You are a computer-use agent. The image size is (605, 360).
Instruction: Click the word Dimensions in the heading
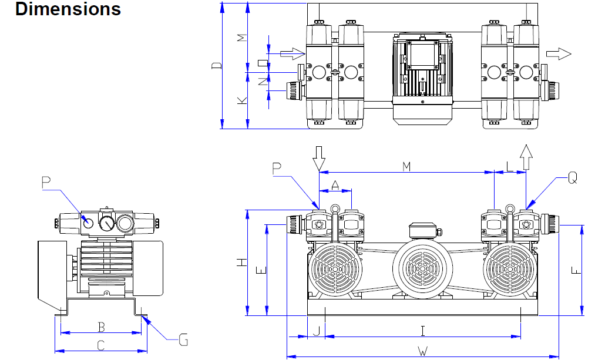tap(68, 9)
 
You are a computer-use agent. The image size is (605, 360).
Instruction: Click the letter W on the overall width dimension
tap(422, 351)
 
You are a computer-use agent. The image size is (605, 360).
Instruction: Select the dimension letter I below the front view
tap(422, 330)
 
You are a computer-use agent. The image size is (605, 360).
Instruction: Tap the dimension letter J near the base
tap(316, 330)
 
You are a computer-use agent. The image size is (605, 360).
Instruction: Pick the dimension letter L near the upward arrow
tap(509, 167)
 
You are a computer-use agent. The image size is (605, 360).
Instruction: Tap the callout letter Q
tap(572, 178)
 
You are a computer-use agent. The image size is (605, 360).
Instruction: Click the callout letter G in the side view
tap(183, 339)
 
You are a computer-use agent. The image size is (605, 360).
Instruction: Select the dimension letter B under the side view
tap(101, 325)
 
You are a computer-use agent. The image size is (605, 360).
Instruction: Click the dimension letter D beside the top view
tap(216, 66)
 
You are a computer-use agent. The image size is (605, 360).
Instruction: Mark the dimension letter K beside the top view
tap(241, 100)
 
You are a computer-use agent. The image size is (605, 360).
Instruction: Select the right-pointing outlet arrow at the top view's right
tap(558, 54)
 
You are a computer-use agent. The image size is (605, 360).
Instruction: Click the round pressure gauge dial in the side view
tap(106, 223)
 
